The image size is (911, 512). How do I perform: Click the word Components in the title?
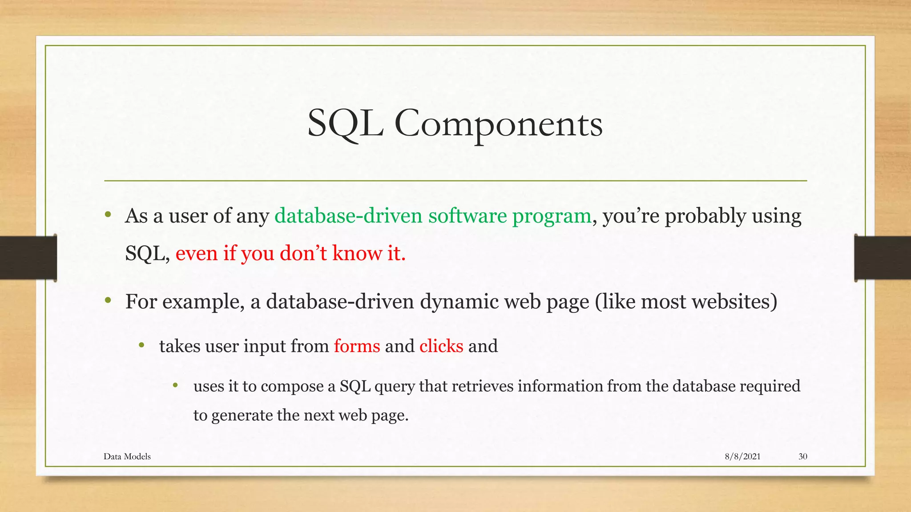click(498, 124)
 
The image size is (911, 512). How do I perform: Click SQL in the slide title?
click(345, 124)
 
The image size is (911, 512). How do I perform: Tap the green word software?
click(467, 216)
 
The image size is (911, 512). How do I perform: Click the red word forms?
click(357, 346)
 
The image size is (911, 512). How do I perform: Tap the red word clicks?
click(441, 346)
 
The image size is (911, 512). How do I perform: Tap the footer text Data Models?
click(127, 456)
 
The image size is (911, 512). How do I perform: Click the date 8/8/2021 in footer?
click(742, 456)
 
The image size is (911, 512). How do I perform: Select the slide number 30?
click(802, 456)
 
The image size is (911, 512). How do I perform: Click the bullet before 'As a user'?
click(108, 215)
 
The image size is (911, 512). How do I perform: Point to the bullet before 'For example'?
click(108, 301)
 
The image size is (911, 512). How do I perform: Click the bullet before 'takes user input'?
click(142, 345)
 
